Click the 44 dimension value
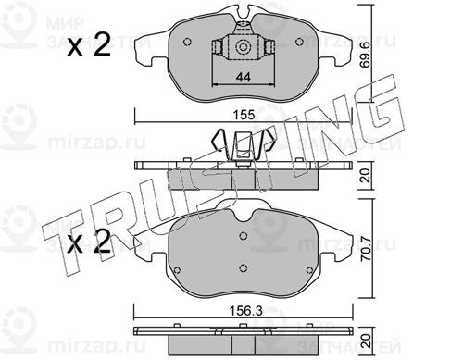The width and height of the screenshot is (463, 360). pyautogui.click(x=244, y=77)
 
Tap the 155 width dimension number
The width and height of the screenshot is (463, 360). pyautogui.click(x=244, y=115)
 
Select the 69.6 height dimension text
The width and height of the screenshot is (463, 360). pyautogui.click(x=366, y=55)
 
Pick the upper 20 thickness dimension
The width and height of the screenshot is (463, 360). pyautogui.click(x=366, y=175)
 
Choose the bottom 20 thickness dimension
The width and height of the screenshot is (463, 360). pyautogui.click(x=366, y=341)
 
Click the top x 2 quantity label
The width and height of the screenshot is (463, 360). pyautogui.click(x=89, y=44)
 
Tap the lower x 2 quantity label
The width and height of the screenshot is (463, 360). pyautogui.click(x=89, y=242)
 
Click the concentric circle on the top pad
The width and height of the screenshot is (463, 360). pyautogui.click(x=242, y=47)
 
